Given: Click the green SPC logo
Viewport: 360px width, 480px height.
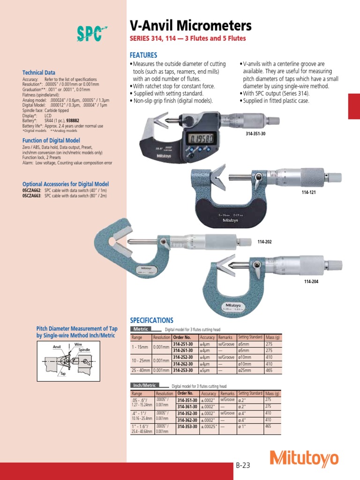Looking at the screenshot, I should point(90,34).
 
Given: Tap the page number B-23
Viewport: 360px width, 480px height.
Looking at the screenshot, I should point(243,465).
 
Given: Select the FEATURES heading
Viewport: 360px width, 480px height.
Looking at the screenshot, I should point(143,55).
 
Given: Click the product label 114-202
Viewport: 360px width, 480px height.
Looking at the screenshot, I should point(264,241).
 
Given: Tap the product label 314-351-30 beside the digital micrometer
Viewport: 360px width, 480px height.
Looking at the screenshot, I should point(255,134).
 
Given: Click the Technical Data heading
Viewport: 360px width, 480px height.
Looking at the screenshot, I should point(39,73).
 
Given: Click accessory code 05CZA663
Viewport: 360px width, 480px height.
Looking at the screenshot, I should point(32,195).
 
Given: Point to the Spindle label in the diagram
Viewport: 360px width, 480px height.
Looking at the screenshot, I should point(84,350).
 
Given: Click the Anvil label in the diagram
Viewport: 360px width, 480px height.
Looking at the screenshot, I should point(57,347).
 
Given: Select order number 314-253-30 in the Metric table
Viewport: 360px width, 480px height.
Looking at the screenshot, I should point(185,370).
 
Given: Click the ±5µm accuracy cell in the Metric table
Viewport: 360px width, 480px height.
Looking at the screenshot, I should point(206,370).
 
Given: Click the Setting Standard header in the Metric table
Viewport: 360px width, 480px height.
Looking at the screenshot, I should point(250,337).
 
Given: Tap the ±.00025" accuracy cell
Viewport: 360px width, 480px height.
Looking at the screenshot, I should point(209,427).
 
